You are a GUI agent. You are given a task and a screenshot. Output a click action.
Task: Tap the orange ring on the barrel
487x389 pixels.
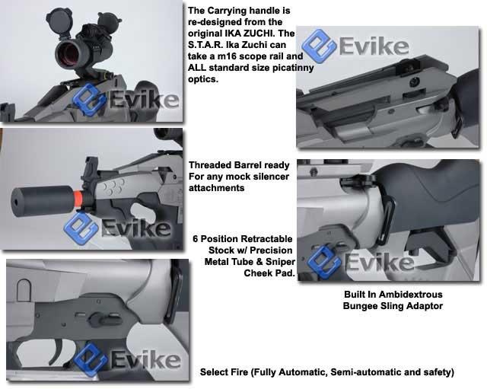pyautogui.click(x=78, y=199)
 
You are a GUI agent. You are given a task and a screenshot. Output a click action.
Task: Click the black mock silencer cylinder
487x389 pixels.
pyautogui.click(x=43, y=201)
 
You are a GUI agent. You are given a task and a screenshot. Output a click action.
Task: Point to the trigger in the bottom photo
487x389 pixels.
pyautogui.click(x=60, y=350)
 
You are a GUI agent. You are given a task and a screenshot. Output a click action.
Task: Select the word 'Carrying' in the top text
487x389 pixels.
pyautogui.click(x=228, y=11)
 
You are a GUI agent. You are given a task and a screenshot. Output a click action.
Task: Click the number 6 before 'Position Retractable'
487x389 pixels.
pyautogui.click(x=195, y=239)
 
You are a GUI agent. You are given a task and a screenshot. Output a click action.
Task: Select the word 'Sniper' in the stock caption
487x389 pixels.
pyautogui.click(x=280, y=262)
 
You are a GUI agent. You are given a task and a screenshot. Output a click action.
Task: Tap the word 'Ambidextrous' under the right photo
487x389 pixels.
pyautogui.click(x=411, y=295)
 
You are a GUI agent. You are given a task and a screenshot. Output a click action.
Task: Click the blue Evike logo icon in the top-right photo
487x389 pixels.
pyautogui.click(x=319, y=46)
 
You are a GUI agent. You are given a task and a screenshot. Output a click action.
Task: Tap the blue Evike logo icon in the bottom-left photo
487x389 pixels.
pyautogui.click(x=91, y=360)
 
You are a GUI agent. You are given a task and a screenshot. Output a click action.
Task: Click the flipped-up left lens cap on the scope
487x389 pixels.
pyautogui.click(x=59, y=19)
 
